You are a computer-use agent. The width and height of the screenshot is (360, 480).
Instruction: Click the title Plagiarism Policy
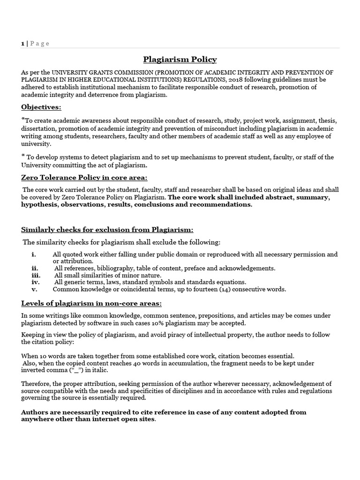coord(180,60)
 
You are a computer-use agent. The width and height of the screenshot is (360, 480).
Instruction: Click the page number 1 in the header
coord(22,44)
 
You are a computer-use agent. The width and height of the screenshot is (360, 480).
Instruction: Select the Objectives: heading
coord(41,107)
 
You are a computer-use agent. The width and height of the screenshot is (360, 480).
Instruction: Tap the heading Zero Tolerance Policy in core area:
coord(84,178)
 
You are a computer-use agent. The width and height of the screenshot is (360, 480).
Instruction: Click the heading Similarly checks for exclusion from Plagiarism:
coord(107,229)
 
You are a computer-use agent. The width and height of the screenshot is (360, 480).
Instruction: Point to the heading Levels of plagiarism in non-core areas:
coord(91,304)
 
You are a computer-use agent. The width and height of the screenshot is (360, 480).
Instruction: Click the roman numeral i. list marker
coord(33,255)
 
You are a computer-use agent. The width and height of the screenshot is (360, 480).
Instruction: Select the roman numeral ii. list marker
coord(34,268)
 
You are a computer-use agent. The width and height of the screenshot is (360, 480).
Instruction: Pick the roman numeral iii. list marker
coord(35,275)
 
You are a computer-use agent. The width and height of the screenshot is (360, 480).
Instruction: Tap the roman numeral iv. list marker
coord(35,282)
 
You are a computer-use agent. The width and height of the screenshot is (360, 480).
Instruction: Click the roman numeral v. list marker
coord(34,289)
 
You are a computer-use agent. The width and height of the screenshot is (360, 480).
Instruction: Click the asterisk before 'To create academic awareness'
coord(23,120)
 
